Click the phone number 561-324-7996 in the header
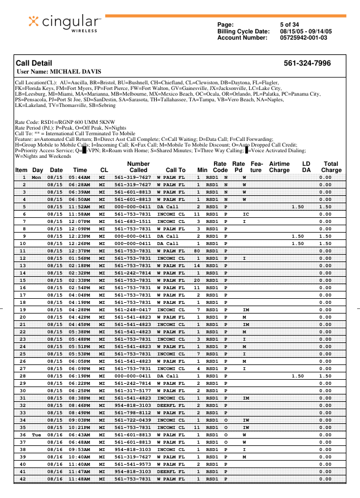(307, 63)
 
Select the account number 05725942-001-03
(303, 38)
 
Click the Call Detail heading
(34, 63)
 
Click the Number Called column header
(138, 166)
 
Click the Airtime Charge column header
(279, 166)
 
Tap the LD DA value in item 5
(297, 207)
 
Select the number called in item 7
(132, 222)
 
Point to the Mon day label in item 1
(36, 178)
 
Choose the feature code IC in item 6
(246, 214)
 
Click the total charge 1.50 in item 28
(325, 376)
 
